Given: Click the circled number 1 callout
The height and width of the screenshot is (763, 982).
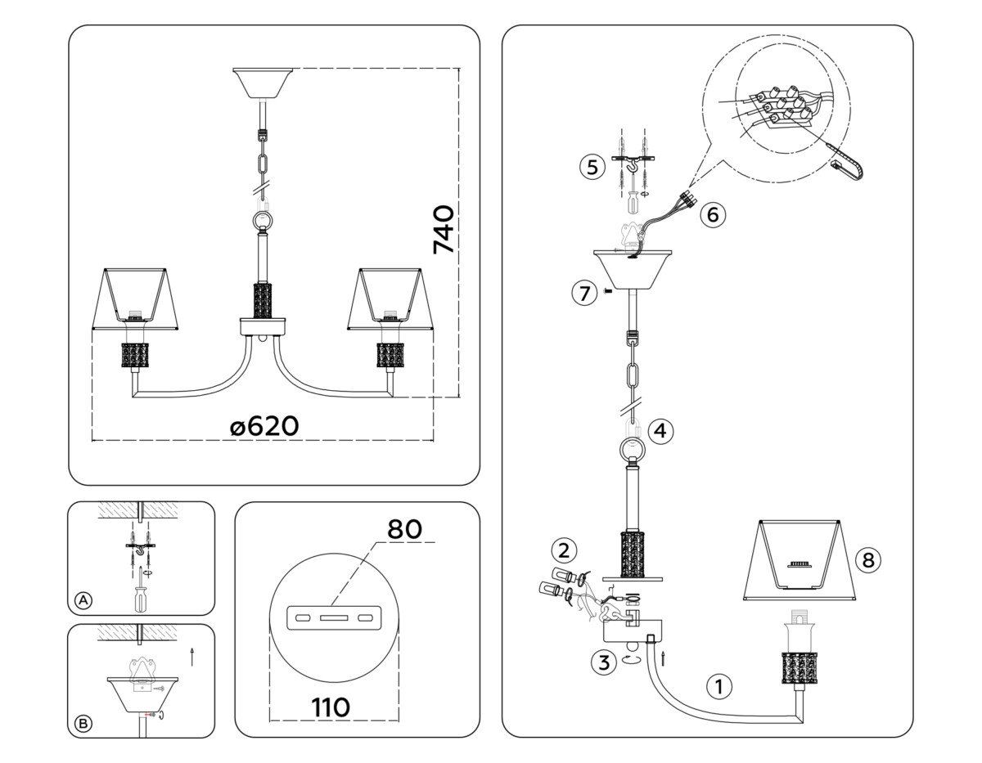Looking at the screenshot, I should pyautogui.click(x=719, y=687).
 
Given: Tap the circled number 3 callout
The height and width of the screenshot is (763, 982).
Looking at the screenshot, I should pyautogui.click(x=603, y=662).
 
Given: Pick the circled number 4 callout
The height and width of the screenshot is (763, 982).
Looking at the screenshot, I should pyautogui.click(x=661, y=430).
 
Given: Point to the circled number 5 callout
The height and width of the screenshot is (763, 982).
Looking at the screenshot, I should pyautogui.click(x=591, y=167).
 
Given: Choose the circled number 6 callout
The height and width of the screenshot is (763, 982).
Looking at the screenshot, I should pyautogui.click(x=712, y=214).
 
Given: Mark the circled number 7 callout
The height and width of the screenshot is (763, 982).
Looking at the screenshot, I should pyautogui.click(x=583, y=293).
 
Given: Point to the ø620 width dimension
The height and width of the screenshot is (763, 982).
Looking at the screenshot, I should pyautogui.click(x=264, y=426).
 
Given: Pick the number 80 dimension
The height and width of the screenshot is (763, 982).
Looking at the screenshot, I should pyautogui.click(x=404, y=529).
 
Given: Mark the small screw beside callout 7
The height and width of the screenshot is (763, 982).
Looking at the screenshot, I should pyautogui.click(x=606, y=292).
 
